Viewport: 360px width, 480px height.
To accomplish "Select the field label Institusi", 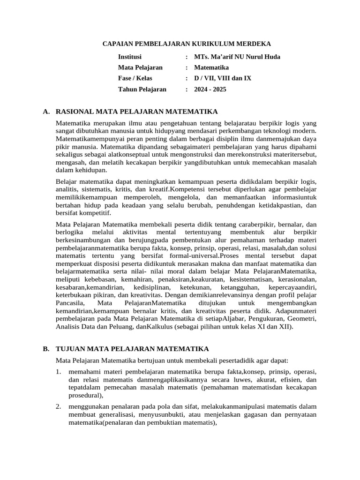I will pos(131,57).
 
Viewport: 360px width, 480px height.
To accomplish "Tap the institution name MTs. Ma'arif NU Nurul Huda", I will pos(237,57).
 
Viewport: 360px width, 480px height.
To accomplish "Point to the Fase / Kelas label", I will pos(135,78).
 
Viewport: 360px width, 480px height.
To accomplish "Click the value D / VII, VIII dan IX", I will pos(223,78).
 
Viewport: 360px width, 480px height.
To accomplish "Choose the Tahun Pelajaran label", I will pos(142,89).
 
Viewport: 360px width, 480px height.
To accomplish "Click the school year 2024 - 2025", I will pos(210,89).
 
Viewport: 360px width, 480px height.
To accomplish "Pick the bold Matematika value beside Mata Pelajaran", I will pos(211,67).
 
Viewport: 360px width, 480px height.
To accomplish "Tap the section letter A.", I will pos(45,112).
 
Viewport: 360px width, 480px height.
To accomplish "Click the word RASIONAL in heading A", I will pos(74,112).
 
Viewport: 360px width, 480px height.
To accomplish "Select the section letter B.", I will pos(45,349).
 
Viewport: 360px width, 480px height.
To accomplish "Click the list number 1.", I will pos(58,371).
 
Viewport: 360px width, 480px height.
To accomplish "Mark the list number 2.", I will pos(58,406).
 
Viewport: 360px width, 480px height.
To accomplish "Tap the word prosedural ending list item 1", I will pos(83,395).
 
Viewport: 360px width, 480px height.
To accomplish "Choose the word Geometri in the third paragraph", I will pos(302,319).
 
